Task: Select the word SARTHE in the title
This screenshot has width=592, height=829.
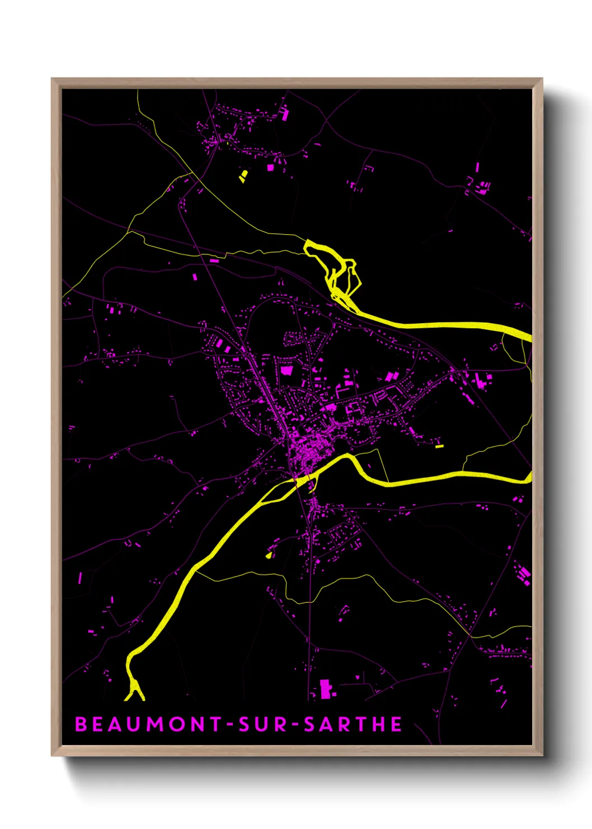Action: pyautogui.click(x=353, y=724)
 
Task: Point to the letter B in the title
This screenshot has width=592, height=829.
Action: pyautogui.click(x=81, y=724)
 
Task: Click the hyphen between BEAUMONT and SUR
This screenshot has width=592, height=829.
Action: pyautogui.click(x=229, y=725)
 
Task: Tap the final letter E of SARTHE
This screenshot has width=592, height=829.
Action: pyautogui.click(x=396, y=724)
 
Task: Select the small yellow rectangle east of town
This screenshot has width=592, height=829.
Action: pyautogui.click(x=439, y=446)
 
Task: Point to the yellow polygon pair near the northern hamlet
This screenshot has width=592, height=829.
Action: pyautogui.click(x=243, y=176)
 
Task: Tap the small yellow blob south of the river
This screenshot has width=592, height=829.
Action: pyautogui.click(x=269, y=555)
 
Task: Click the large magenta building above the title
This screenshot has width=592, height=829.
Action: pyautogui.click(x=325, y=689)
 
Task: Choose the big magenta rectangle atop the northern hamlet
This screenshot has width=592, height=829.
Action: pyautogui.click(x=285, y=114)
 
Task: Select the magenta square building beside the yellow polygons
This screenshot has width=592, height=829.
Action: pyautogui.click(x=270, y=167)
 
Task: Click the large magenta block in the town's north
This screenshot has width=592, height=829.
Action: pyautogui.click(x=286, y=370)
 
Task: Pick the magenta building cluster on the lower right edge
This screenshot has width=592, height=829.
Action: pyautogui.click(x=524, y=576)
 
